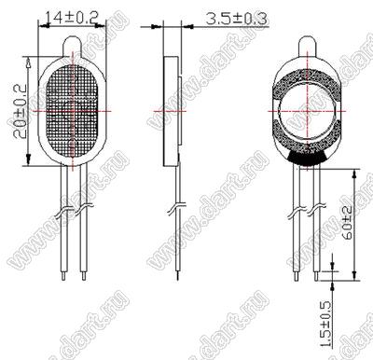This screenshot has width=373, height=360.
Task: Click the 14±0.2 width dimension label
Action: tap(72, 18)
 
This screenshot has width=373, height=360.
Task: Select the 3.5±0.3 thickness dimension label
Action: tap(237, 19)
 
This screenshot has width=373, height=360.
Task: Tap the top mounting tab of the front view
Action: tap(73, 47)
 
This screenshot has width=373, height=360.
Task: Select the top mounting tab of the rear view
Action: tap(308, 47)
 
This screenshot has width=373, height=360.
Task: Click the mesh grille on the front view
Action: tap(73, 112)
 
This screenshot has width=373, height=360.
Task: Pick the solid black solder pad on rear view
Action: tap(308, 158)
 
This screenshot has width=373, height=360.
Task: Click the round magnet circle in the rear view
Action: tap(308, 111)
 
